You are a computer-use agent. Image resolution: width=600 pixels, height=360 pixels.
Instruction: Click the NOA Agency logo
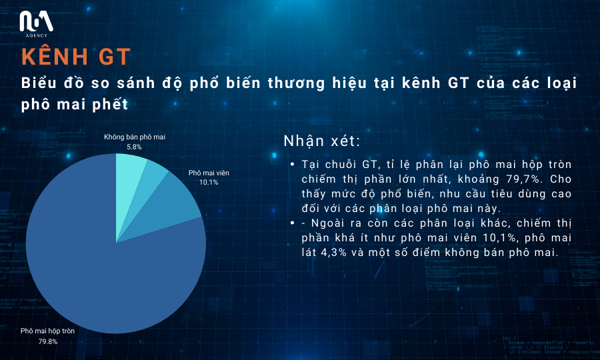tap(37, 24)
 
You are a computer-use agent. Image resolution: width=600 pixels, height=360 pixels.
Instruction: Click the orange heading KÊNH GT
tap(76, 57)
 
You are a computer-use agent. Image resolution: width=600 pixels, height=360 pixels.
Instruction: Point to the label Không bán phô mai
tap(135, 137)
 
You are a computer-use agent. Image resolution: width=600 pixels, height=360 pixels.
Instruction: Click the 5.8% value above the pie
tap(134, 147)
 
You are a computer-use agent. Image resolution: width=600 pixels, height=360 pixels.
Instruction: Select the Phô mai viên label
tap(209, 173)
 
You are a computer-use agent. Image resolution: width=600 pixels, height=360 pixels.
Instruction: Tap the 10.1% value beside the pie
tap(209, 183)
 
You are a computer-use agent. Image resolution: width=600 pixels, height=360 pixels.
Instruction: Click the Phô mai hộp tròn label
tap(47, 331)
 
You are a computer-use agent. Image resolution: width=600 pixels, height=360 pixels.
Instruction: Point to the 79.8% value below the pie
tap(48, 341)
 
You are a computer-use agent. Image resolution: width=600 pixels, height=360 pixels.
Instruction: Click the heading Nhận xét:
tap(322, 141)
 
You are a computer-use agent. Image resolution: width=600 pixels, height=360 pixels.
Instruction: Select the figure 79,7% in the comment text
tap(529, 179)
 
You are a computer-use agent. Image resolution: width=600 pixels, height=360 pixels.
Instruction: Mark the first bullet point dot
tap(293, 164)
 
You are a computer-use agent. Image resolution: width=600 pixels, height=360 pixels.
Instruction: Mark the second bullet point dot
tap(293, 223)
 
